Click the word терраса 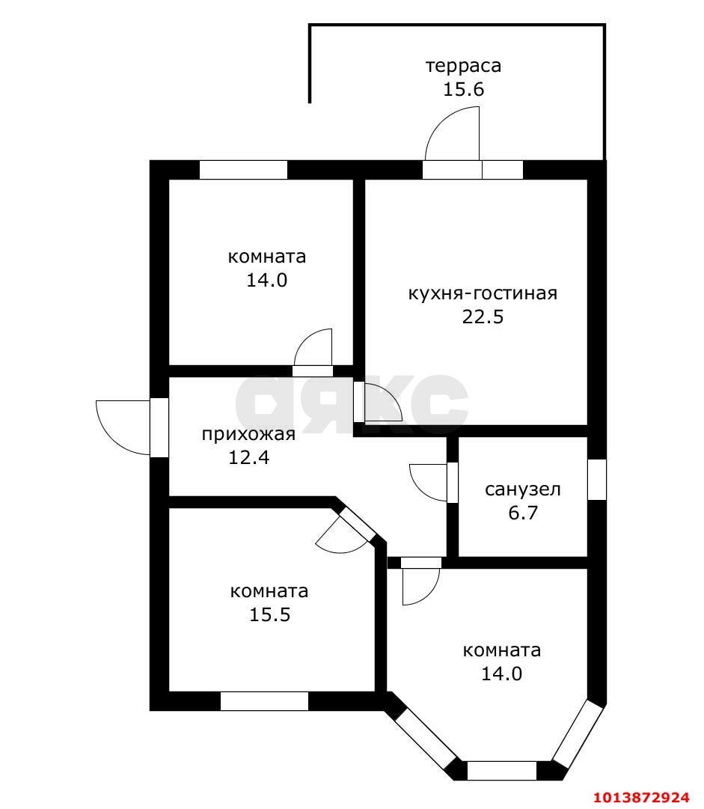pos(463,66)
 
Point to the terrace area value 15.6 pos(463,90)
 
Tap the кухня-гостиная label pos(483,293)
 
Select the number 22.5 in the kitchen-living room pos(483,317)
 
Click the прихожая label pos(248,434)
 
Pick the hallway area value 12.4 pos(248,457)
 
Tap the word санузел pos(522,490)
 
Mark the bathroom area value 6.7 pos(522,513)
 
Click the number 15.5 pos(269,615)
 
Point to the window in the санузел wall pos(596,479)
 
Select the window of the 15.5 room pos(264,701)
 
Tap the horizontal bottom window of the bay pos(501,771)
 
